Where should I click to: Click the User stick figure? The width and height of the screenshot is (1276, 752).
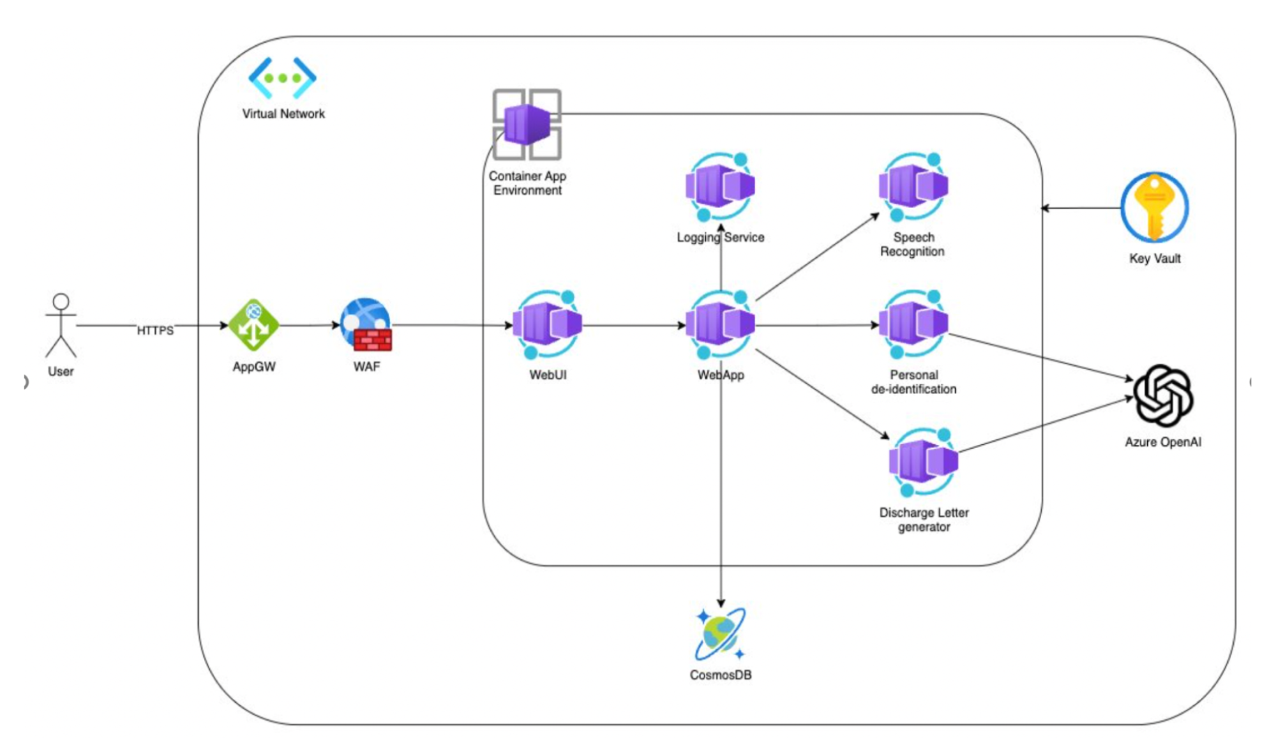pyautogui.click(x=61, y=325)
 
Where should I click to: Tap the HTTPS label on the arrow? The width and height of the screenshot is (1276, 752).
pyautogui.click(x=155, y=330)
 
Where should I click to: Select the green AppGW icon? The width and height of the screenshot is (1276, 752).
pyautogui.click(x=253, y=325)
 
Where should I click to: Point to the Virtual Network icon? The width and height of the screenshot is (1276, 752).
pyautogui.click(x=282, y=78)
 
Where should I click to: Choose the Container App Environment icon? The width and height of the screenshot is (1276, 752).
pyautogui.click(x=527, y=124)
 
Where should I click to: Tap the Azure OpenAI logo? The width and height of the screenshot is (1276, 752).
pyautogui.click(x=1162, y=396)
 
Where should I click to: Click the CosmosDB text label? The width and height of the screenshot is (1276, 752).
pyautogui.click(x=721, y=675)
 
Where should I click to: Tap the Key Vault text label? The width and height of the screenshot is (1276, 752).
pyautogui.click(x=1155, y=259)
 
